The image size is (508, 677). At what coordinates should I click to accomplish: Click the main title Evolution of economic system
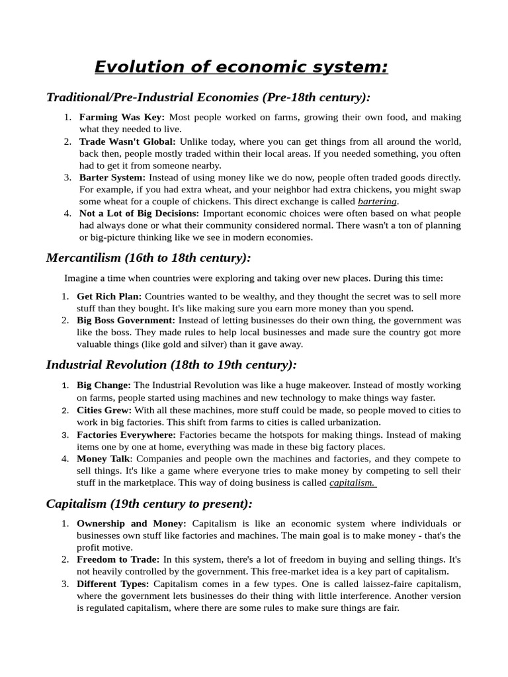point(241,67)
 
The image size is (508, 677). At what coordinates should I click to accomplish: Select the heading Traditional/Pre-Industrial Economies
point(208,98)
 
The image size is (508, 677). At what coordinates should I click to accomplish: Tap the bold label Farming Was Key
point(122,117)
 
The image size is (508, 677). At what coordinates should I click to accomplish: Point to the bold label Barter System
point(112,177)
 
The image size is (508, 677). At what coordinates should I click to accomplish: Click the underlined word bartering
point(378,201)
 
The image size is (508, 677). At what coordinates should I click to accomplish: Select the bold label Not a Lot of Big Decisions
point(139,214)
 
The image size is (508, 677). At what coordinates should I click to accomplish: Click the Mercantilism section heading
point(149,258)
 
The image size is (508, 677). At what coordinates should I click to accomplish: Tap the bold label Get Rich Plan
point(109,296)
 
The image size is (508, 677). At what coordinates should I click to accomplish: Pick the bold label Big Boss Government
point(127,320)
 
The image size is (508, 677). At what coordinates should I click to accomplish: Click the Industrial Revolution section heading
point(171,364)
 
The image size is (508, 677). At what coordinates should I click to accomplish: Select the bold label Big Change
point(104,385)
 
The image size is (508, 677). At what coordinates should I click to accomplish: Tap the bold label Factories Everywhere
point(126,434)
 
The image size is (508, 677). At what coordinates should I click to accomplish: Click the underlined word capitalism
point(353,483)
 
